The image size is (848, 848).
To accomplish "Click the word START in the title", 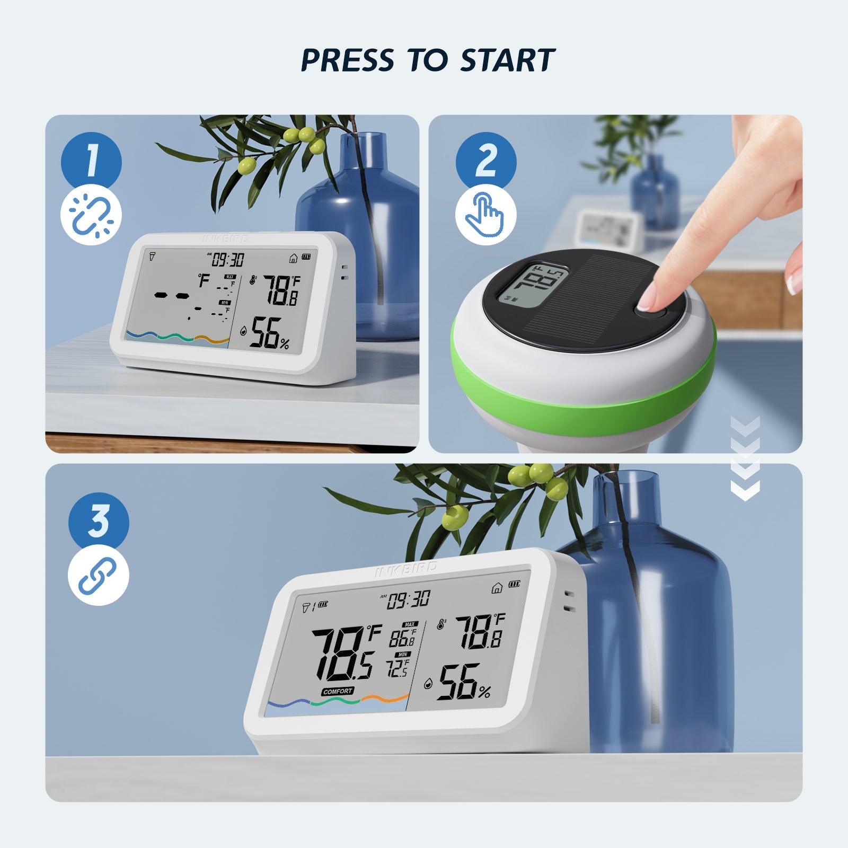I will point(507,60).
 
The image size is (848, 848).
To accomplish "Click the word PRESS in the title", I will point(348,60).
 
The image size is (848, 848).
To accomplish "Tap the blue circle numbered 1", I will point(91,161).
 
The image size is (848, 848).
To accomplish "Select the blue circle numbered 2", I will point(486,161).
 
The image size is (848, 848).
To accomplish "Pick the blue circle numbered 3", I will point(99,521).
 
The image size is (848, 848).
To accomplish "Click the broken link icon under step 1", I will point(91,215).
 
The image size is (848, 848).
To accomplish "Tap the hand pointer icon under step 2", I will point(485,215).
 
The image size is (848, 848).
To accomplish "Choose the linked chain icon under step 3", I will point(99,576).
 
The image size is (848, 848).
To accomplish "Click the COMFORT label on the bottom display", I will point(338,691).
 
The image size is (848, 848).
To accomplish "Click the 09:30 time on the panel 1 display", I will point(228,260).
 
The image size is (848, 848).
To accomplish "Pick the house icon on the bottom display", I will point(497,588).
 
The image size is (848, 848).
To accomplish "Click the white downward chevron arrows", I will point(745,458).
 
